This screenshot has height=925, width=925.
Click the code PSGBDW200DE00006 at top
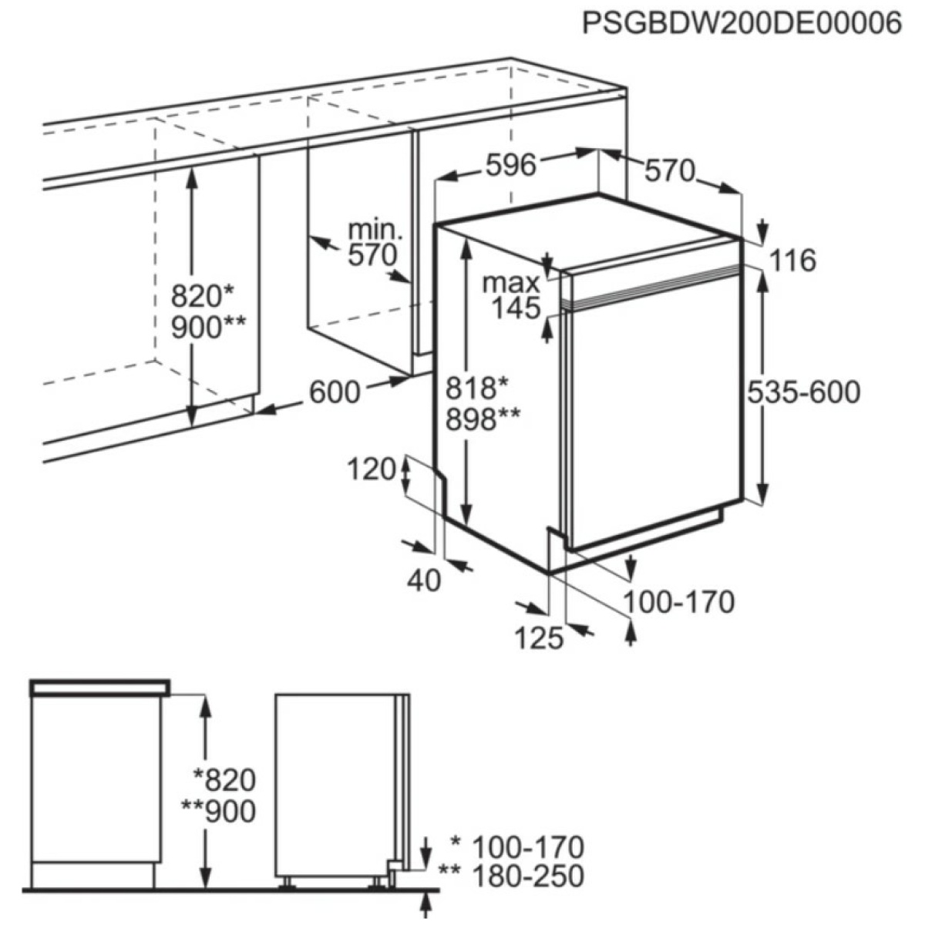coord(741,24)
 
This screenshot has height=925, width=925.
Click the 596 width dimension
coord(511,164)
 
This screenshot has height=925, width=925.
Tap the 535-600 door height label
coord(803,392)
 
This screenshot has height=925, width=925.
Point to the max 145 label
coord(511,295)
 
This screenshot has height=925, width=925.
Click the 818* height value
coord(479,387)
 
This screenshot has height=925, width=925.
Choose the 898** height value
coord(483,419)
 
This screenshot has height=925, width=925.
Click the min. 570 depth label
coord(374,242)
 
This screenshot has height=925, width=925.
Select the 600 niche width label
coord(335,392)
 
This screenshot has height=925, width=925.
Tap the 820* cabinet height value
coord(202,294)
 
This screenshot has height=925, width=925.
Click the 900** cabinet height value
coord(208,328)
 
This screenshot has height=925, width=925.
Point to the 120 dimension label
coord(372,469)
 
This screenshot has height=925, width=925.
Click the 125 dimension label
coord(540,637)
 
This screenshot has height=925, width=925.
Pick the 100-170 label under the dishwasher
coord(678,601)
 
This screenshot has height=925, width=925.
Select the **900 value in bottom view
coord(220,812)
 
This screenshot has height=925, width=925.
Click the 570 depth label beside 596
coord(670,170)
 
